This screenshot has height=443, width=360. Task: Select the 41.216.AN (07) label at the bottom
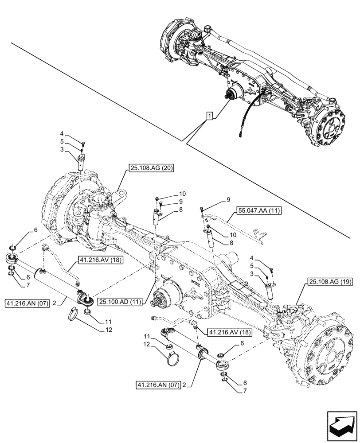point(157,385)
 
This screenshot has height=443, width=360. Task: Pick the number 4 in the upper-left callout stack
point(62,133)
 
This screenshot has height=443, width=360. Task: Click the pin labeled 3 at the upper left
point(81,161)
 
